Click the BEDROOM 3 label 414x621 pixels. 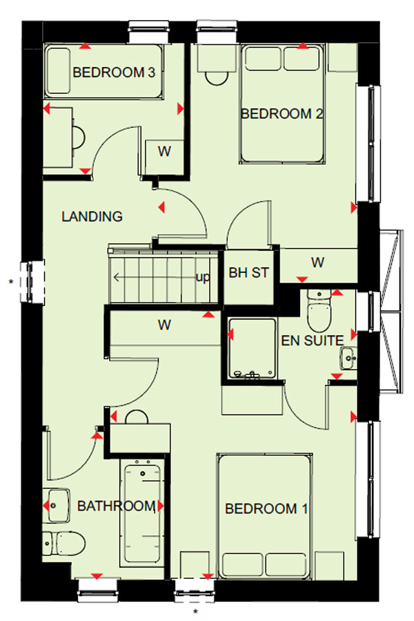[x=114, y=73]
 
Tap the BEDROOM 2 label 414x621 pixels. [x=282, y=114]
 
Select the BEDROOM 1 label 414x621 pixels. [x=266, y=508]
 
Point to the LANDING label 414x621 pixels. [x=92, y=216]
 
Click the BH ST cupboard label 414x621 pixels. [x=249, y=272]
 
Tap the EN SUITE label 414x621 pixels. [x=313, y=341]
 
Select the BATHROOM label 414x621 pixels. [x=117, y=506]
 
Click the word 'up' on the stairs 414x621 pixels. [x=203, y=277]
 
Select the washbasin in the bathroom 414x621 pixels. [x=58, y=506]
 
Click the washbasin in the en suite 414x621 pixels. [x=348, y=358]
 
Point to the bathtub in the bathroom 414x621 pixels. [x=143, y=513]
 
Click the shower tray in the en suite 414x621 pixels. [x=252, y=347]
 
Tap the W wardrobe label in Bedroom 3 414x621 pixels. [x=165, y=151]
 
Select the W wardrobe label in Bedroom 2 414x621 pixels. [x=318, y=262]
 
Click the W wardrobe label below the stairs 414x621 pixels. [x=165, y=325]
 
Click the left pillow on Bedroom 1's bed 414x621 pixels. [x=242, y=564]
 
